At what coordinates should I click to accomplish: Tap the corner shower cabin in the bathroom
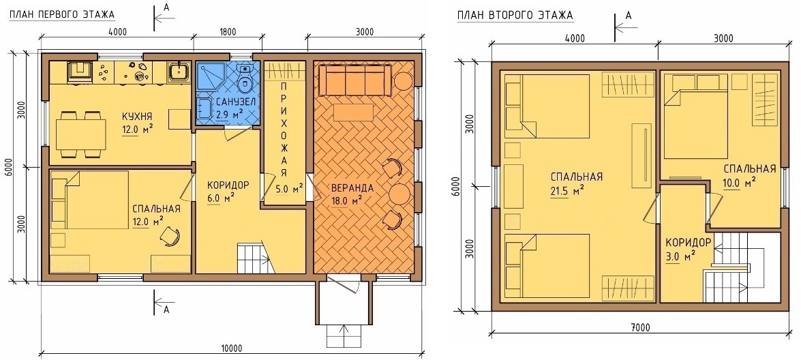click(x=209, y=76)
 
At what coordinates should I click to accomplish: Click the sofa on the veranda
click(x=356, y=81)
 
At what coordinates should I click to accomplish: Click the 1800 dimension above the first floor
click(x=228, y=33)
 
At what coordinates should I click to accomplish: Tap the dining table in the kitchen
click(x=80, y=134)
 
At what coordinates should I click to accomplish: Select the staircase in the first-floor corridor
click(x=255, y=259)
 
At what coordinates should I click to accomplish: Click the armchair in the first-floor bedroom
click(x=170, y=237)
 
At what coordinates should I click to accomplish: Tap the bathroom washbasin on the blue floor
click(x=205, y=108)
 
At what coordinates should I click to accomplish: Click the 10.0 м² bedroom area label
click(x=742, y=181)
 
